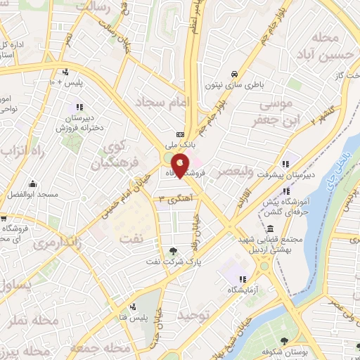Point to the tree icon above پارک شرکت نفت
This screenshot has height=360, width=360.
point(173,251)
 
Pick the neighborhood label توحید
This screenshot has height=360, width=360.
point(194,316)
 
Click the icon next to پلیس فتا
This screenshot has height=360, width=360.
point(132,306)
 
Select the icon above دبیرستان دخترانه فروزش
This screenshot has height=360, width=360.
point(79,107)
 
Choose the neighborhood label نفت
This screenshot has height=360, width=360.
point(130,239)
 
